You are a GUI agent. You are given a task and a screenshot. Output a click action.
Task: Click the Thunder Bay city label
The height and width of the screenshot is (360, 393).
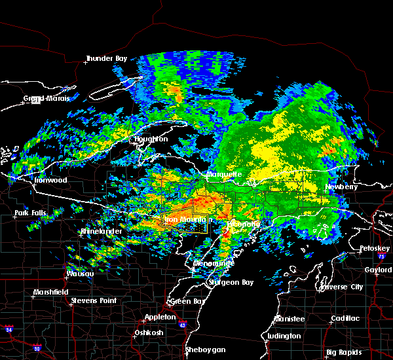(106, 59)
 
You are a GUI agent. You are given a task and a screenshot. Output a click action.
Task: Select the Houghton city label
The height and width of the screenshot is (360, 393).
(151, 139)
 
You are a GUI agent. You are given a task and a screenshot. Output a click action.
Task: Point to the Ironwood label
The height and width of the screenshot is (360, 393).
(51, 180)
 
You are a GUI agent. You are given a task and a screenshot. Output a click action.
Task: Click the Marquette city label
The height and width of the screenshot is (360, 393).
(225, 175)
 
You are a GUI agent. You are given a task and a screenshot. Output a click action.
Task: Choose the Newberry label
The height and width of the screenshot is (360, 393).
(342, 187)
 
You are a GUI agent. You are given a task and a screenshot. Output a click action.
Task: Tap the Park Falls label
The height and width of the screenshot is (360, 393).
(31, 213)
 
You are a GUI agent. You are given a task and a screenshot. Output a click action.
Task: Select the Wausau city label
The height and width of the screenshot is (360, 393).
(80, 274)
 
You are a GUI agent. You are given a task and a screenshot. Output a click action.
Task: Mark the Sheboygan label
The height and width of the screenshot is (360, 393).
(205, 350)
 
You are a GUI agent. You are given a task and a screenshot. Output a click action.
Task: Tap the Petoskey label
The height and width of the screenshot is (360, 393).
(375, 249)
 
